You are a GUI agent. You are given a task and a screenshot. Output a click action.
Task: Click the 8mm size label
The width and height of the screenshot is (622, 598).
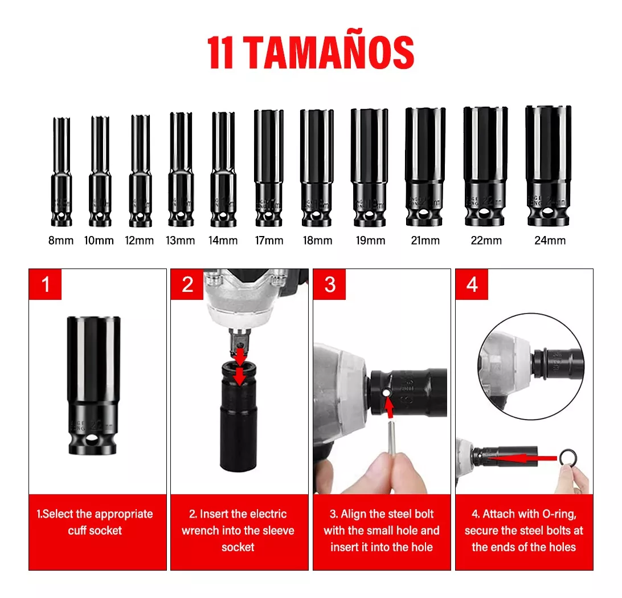pos(61,241)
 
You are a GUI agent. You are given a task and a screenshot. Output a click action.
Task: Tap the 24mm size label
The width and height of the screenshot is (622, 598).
pos(550,241)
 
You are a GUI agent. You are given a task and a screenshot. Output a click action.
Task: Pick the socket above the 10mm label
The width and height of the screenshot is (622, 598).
pos(100,171)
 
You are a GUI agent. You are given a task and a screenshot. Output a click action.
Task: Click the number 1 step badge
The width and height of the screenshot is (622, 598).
pos(46,284)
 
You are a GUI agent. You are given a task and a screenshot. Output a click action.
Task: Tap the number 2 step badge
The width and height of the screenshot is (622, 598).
pos(187,284)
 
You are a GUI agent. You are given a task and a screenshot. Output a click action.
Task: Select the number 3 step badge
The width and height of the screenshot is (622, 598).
pos(330,284)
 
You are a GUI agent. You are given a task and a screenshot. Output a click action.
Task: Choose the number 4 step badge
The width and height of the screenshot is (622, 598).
pos(472,284)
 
